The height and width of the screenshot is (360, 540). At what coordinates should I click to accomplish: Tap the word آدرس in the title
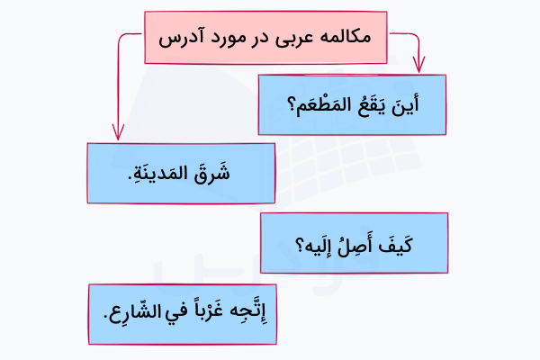click(x=184, y=40)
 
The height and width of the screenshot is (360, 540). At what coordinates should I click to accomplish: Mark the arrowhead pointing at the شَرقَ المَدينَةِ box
click(x=118, y=134)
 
